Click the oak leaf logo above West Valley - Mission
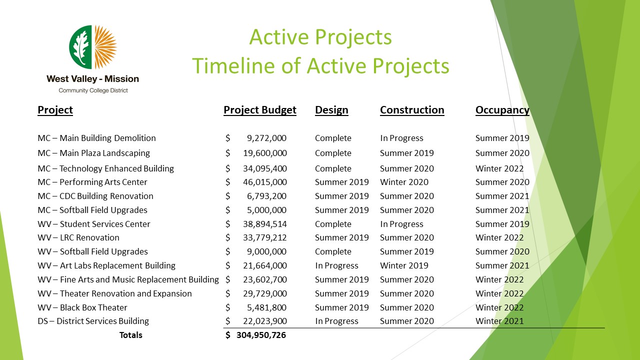93,47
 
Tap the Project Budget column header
259,110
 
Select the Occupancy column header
502,110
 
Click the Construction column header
412,110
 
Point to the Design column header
331,110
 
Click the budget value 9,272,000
266,138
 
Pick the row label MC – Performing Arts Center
92,182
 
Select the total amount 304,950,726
261,335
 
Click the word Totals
130,335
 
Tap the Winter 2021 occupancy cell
499,321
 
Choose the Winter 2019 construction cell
404,265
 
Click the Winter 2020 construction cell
404,182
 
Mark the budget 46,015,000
265,182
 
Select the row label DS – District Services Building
93,321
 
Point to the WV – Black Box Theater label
82,307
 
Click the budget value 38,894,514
265,224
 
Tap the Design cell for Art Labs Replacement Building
336,265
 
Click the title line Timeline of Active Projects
320,65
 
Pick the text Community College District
93,90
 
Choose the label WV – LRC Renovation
78,237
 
